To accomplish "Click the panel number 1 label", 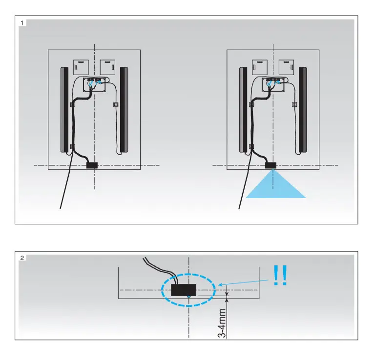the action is point(22,23).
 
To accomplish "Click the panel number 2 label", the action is point(22,258).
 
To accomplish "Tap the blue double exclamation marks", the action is point(280,276).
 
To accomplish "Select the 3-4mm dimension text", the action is point(222,323).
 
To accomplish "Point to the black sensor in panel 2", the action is point(184,290).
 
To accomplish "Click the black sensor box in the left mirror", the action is point(92,165).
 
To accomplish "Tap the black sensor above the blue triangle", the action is point(270,165).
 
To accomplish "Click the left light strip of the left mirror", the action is point(64,110).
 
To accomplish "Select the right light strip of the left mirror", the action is point(124,110).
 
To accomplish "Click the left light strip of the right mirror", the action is point(243,110).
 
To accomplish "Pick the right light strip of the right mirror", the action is point(303,110).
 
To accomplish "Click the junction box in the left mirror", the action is point(94,84).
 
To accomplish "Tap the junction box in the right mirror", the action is point(273,84).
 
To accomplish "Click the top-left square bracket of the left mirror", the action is point(81,67).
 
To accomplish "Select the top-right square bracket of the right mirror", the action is point(286,67).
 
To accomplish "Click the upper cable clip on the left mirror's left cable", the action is point(73,104).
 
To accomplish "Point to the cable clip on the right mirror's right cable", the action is point(294,104).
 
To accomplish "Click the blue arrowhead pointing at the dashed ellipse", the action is point(220,284).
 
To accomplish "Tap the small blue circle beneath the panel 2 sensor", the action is point(188,297).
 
